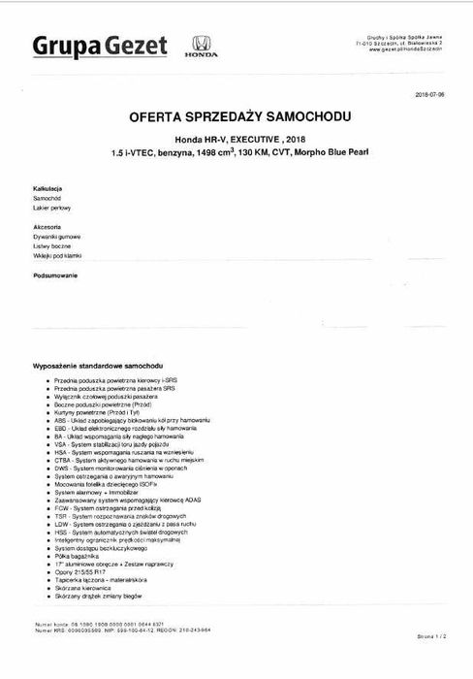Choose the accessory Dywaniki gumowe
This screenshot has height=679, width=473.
(x=55, y=236)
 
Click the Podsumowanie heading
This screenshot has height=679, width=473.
(x=54, y=275)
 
